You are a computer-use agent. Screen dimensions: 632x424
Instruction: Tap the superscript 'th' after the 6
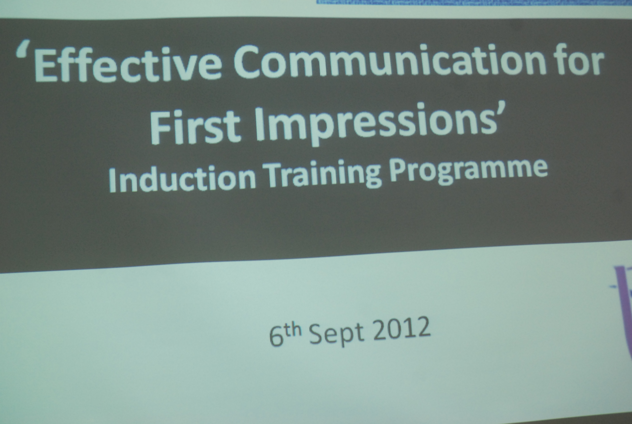(293, 330)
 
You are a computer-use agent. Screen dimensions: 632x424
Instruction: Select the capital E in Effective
(45, 66)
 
